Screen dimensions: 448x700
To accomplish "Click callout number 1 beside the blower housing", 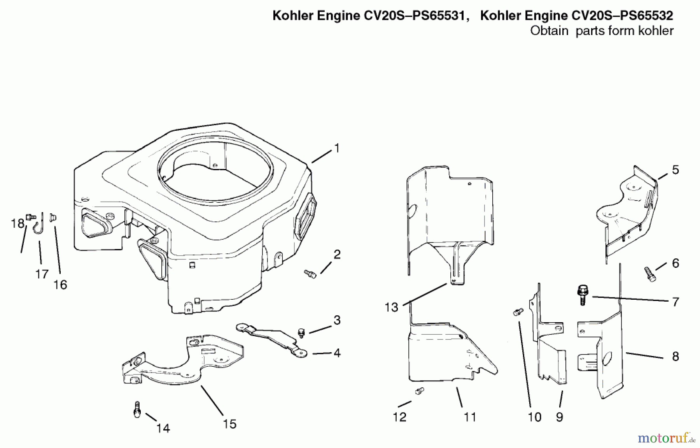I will (337, 148).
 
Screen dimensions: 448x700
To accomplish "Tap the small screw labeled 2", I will (310, 274).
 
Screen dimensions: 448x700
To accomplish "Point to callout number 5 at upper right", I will (675, 170).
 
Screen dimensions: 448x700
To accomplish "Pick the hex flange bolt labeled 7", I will (583, 295).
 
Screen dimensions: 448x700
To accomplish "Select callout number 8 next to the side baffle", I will (675, 356).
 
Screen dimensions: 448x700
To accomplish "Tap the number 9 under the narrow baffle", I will (559, 417).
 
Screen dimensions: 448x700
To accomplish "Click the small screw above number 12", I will (419, 391).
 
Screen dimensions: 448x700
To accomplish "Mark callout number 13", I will (391, 307).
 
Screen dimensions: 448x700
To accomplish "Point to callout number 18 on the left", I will (17, 224).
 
